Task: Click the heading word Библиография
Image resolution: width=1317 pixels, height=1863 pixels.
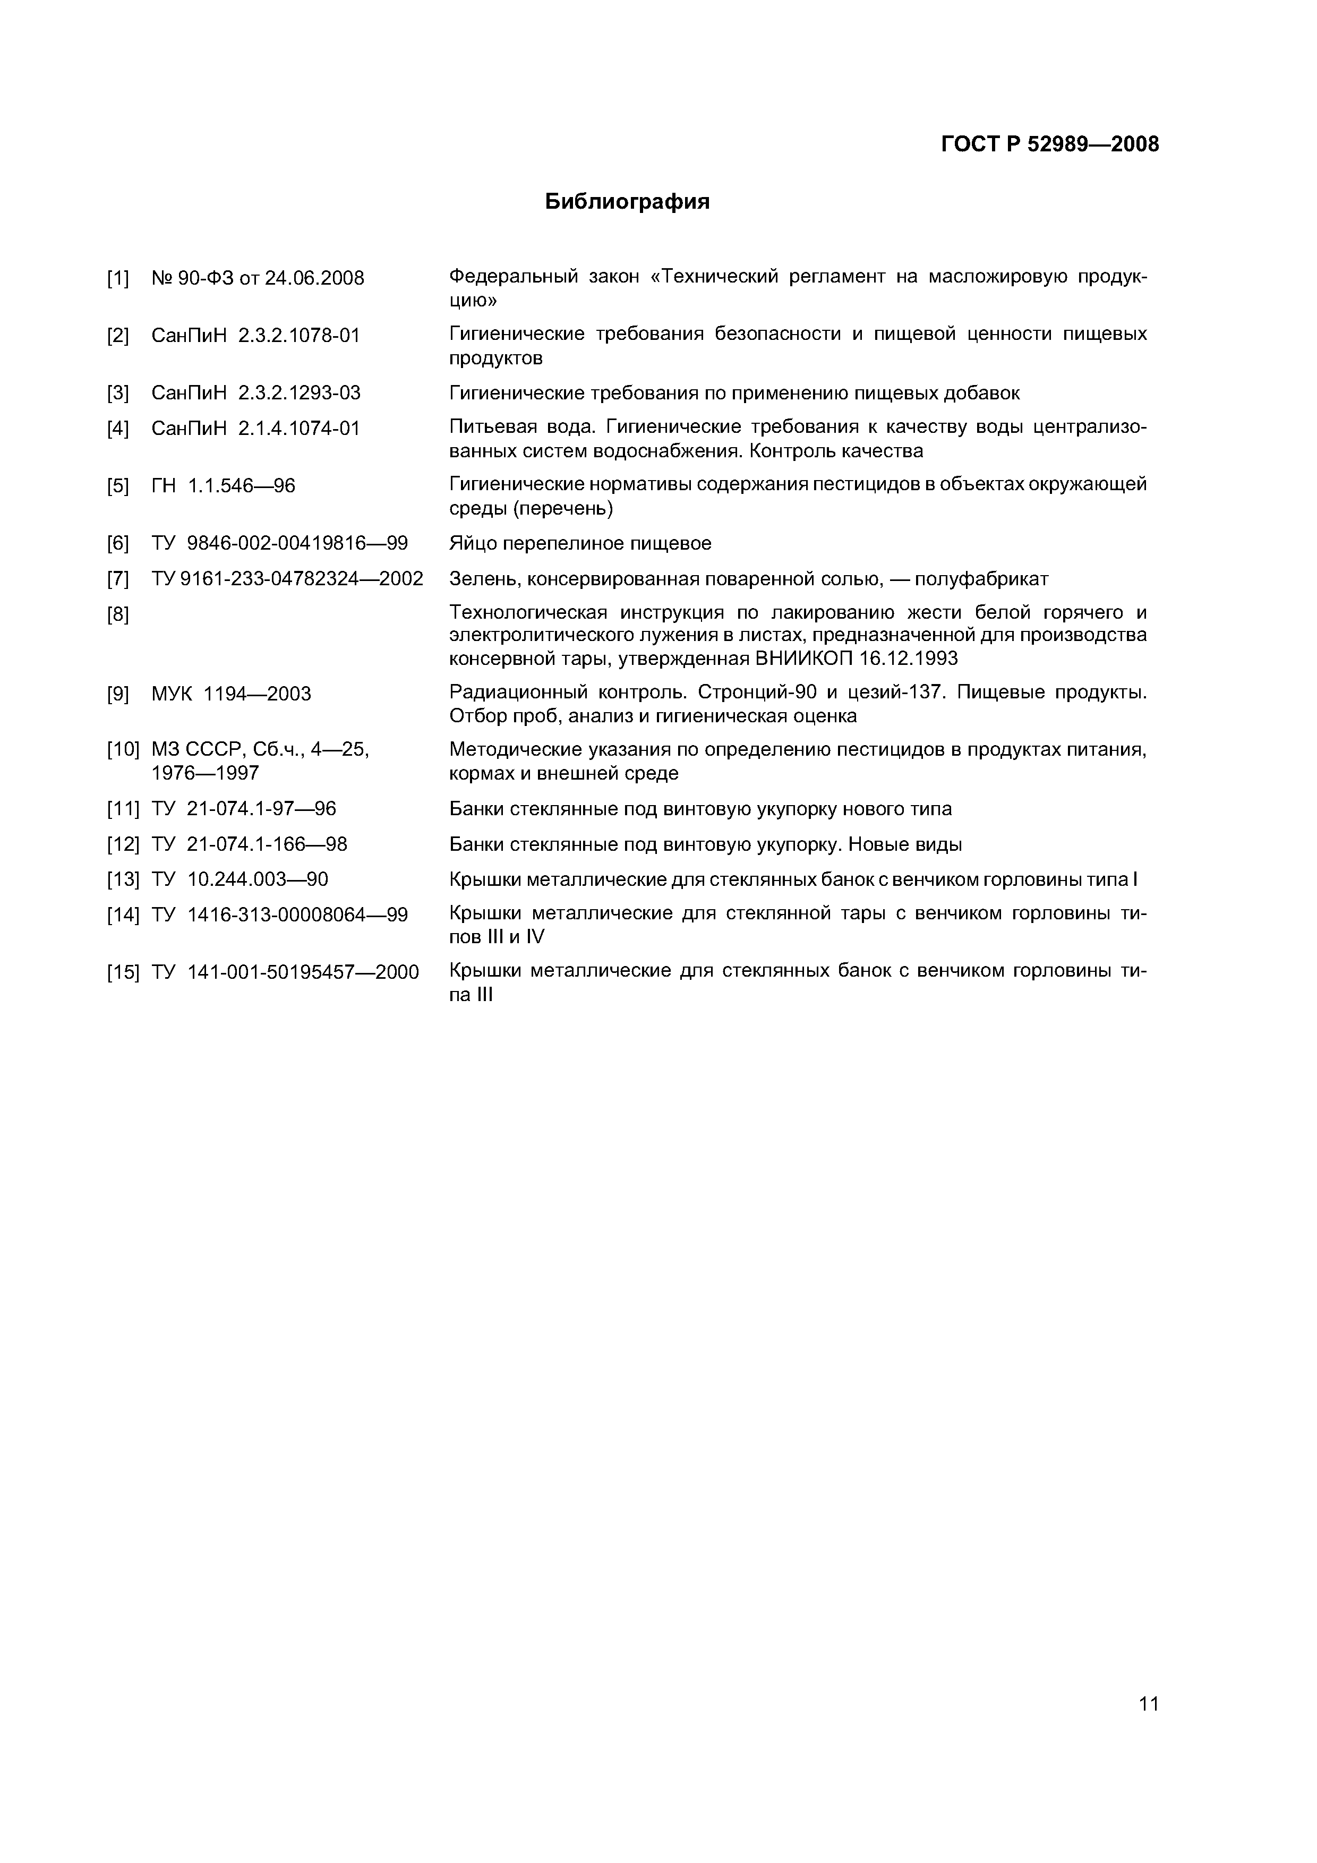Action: coord(627,202)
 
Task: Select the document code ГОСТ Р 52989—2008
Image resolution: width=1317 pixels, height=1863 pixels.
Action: coord(1050,144)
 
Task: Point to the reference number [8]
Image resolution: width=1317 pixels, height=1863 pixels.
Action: coord(118,614)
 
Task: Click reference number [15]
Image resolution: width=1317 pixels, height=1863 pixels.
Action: coord(123,972)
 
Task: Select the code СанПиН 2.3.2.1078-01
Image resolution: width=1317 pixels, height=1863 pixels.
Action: coord(255,335)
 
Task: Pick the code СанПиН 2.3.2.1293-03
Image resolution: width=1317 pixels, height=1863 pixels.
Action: coord(255,394)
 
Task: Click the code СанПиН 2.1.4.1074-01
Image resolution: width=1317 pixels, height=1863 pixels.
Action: coord(255,429)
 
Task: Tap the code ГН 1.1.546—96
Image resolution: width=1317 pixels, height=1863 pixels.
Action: coord(223,486)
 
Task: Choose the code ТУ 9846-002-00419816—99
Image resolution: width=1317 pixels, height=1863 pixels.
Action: coord(279,544)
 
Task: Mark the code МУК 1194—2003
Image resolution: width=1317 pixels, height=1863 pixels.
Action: coord(231,694)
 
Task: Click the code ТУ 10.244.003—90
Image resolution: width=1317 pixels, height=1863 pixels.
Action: coord(240,879)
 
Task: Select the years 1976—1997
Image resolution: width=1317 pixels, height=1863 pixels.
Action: coord(206,773)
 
